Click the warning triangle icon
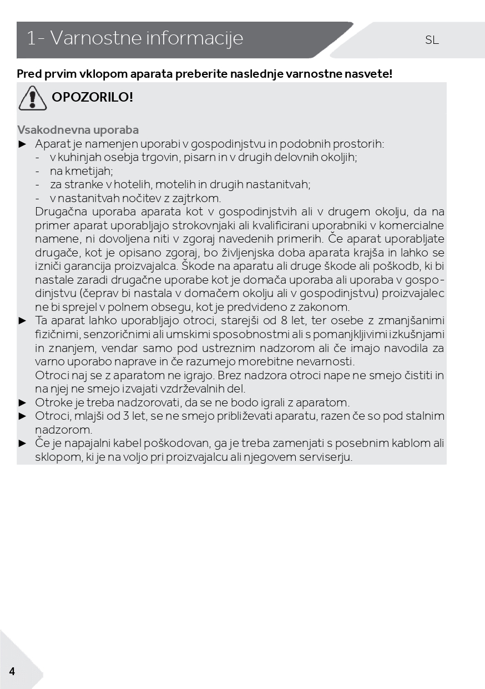point(32,98)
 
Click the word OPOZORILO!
point(93,97)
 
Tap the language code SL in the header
point(432,40)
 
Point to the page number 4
point(12,671)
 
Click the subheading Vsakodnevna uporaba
point(78,130)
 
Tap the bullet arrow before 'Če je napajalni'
point(23,443)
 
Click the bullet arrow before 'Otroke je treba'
point(23,403)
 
